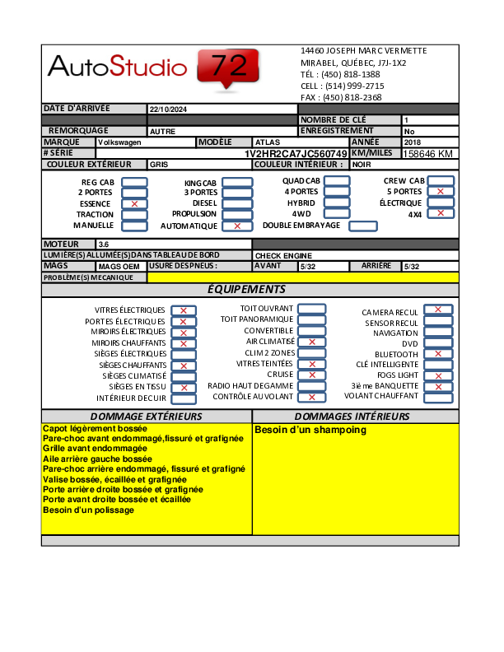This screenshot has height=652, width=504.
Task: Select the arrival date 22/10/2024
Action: (x=169, y=109)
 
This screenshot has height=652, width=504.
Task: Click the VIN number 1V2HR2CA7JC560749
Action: (x=296, y=154)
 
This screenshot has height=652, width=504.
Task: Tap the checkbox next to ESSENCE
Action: (x=134, y=203)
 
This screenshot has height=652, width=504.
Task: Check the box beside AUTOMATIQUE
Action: (x=237, y=226)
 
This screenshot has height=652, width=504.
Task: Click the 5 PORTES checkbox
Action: (x=441, y=192)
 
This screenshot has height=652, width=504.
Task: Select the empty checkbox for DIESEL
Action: (x=237, y=203)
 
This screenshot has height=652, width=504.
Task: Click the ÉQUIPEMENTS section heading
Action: (x=246, y=289)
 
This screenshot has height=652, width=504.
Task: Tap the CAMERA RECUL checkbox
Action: (x=437, y=310)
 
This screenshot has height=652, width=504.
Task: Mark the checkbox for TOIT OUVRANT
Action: (x=311, y=309)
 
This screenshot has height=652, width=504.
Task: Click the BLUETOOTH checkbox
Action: (x=437, y=354)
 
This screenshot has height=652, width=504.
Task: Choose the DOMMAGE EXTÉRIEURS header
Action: (x=146, y=417)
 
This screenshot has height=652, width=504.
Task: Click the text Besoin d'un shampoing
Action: (x=310, y=431)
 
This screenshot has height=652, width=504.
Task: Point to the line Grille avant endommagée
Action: (x=95, y=449)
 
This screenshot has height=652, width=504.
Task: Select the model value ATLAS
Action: (x=268, y=142)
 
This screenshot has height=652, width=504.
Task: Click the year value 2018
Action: (x=413, y=142)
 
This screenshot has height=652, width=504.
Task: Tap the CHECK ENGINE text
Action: (x=278, y=256)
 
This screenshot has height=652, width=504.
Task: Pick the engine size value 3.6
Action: (x=104, y=244)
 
